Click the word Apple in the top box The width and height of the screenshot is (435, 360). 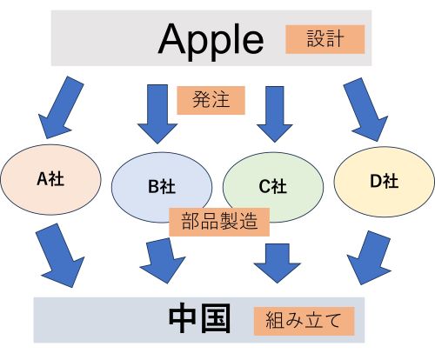click(x=211, y=38)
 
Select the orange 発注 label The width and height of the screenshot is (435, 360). click(x=211, y=101)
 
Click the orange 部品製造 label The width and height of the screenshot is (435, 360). click(x=219, y=221)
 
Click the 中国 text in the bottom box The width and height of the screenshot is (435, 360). click(x=199, y=319)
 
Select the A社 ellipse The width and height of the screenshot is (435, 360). click(x=50, y=183)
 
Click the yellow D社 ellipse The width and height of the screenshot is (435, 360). click(x=383, y=182)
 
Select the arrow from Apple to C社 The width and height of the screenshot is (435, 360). click(x=276, y=111)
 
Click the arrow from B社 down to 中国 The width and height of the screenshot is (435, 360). click(x=160, y=257)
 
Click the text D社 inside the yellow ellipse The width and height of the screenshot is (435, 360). click(x=384, y=182)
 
